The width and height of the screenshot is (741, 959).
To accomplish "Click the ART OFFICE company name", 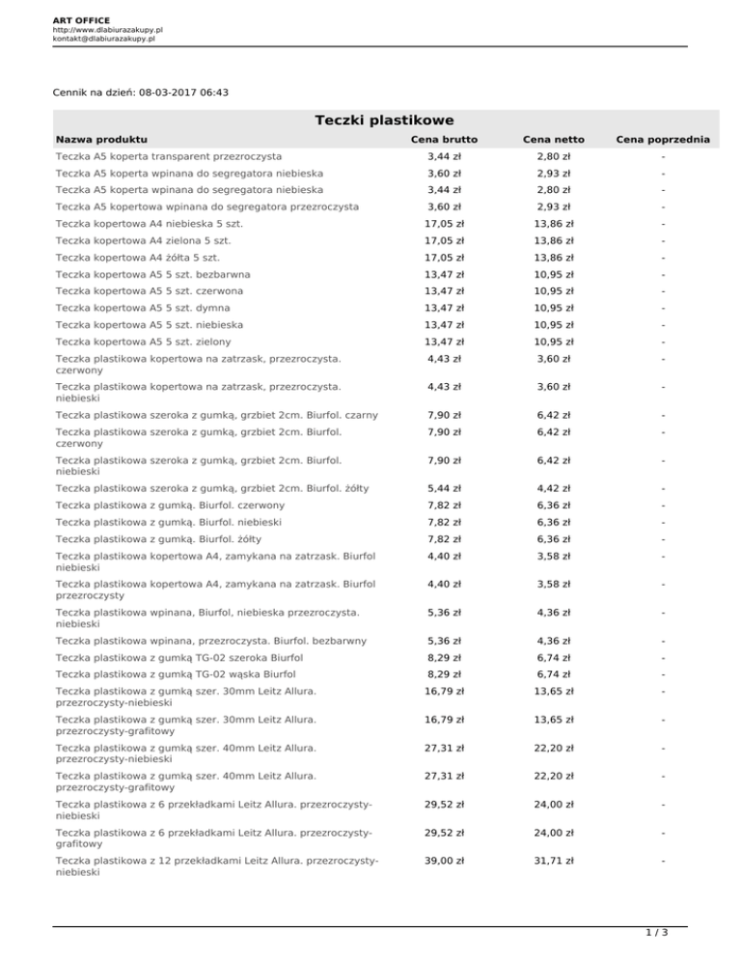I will point(82,19).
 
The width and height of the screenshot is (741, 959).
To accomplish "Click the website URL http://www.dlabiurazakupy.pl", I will point(107,30).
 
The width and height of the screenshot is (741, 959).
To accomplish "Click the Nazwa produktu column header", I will point(102,140).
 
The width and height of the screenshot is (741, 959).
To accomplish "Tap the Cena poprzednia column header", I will point(661,140).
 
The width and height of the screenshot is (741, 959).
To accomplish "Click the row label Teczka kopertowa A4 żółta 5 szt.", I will point(138,258).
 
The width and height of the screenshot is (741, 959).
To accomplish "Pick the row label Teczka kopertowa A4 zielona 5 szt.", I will point(142,240).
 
